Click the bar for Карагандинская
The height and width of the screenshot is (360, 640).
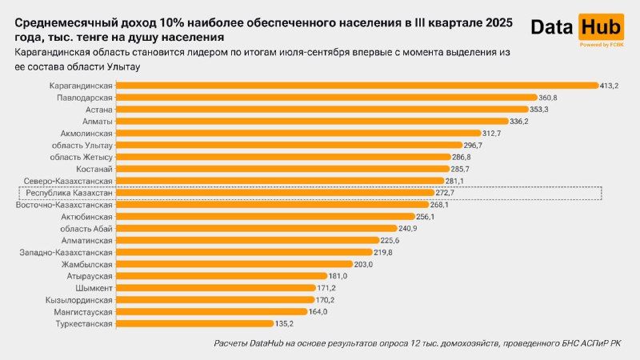(x=358, y=85)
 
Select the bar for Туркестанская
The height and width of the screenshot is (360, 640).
(x=197, y=324)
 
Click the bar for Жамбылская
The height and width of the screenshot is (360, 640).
(x=235, y=264)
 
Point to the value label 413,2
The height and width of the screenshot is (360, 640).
(x=611, y=85)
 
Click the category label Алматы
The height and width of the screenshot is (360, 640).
(x=98, y=121)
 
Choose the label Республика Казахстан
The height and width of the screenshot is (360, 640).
(x=69, y=193)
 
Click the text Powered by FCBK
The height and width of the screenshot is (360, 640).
(x=601, y=45)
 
